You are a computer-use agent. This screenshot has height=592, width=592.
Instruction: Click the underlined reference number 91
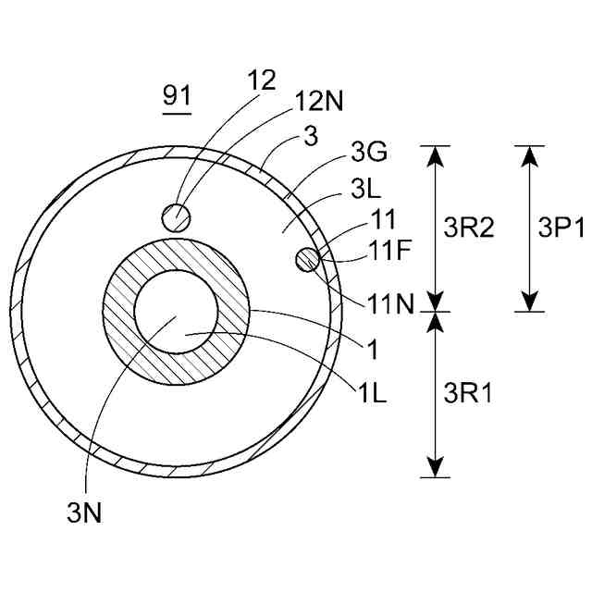click(177, 95)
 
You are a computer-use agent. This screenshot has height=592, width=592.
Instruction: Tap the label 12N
click(319, 101)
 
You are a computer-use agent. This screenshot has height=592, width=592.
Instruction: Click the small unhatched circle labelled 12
click(176, 217)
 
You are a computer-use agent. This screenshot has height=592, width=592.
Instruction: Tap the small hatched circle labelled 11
click(308, 261)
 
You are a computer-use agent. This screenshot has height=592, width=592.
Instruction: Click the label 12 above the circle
click(262, 80)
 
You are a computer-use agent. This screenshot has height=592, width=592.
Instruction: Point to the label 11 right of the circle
click(382, 220)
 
